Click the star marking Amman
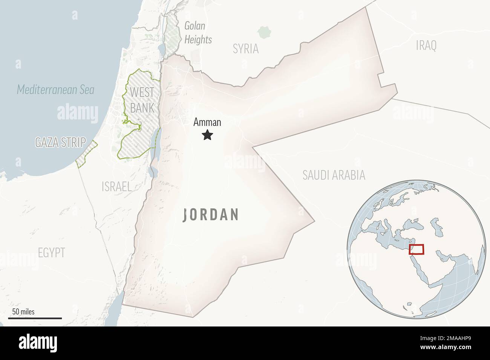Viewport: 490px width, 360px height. pyautogui.click(x=207, y=135)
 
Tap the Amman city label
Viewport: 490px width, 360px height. pyautogui.click(x=207, y=122)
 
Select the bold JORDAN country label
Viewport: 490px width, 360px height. pyautogui.click(x=211, y=215)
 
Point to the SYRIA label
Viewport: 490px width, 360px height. pyautogui.click(x=245, y=49)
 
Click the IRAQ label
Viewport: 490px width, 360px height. pyautogui.click(x=426, y=46)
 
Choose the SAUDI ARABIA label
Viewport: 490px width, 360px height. pyautogui.click(x=334, y=175)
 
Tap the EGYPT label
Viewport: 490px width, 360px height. pyautogui.click(x=51, y=252)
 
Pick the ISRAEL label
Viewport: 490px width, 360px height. pyautogui.click(x=116, y=186)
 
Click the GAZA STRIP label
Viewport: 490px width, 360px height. pyautogui.click(x=60, y=142)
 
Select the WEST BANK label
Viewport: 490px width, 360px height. pyautogui.click(x=142, y=100)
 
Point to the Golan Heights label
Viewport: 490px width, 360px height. pyautogui.click(x=198, y=33)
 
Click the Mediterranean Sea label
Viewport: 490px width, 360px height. pyautogui.click(x=55, y=90)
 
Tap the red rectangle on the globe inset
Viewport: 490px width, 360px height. pyautogui.click(x=416, y=249)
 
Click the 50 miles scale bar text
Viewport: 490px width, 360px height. pyautogui.click(x=23, y=311)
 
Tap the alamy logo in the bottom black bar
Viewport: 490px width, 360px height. pyautogui.click(x=38, y=343)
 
